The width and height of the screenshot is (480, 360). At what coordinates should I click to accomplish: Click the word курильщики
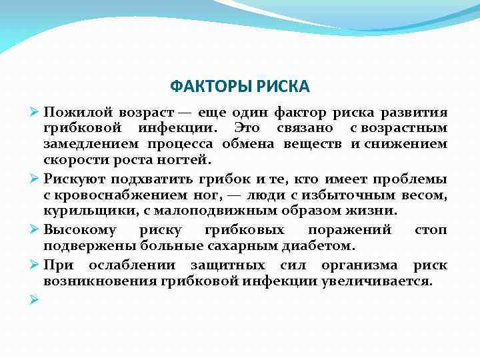point(81,211)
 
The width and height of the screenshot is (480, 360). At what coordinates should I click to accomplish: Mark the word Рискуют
point(73,178)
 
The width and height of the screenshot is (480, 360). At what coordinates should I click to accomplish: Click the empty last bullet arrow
point(35,299)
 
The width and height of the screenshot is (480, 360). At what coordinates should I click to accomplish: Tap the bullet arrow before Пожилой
point(35,111)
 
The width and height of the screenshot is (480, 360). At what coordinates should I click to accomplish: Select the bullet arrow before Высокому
point(35,231)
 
